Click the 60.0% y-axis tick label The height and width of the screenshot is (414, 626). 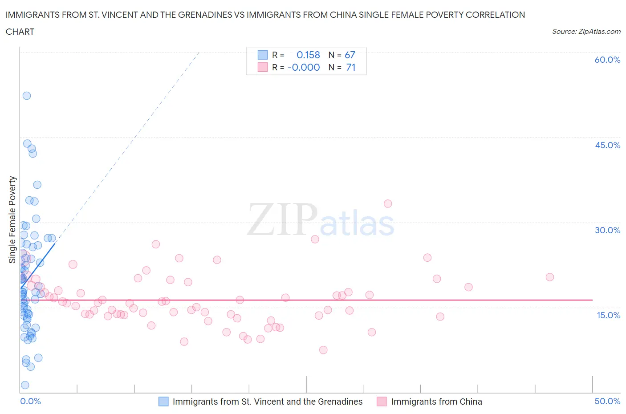tap(607, 60)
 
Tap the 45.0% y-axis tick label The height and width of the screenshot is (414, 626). tap(607, 145)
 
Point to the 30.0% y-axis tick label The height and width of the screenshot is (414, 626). tap(607, 230)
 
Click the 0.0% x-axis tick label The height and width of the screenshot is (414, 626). tap(30, 401)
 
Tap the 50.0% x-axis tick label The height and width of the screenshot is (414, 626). tap(607, 401)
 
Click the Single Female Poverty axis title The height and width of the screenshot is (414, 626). tap(12, 219)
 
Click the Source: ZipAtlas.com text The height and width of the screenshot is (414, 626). tap(586, 32)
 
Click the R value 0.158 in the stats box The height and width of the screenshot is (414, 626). tap(308, 55)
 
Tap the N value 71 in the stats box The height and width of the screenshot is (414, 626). tap(350, 67)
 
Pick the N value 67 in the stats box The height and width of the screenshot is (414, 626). tap(350, 55)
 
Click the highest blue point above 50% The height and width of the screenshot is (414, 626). tap(27, 96)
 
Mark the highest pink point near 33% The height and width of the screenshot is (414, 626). tap(388, 203)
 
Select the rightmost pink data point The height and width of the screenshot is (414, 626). tap(550, 277)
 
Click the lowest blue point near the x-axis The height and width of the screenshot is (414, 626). tap(25, 385)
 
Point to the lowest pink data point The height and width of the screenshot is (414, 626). tap(323, 350)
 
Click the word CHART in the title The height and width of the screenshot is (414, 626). tap(20, 32)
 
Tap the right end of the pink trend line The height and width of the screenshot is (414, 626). tap(592, 300)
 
